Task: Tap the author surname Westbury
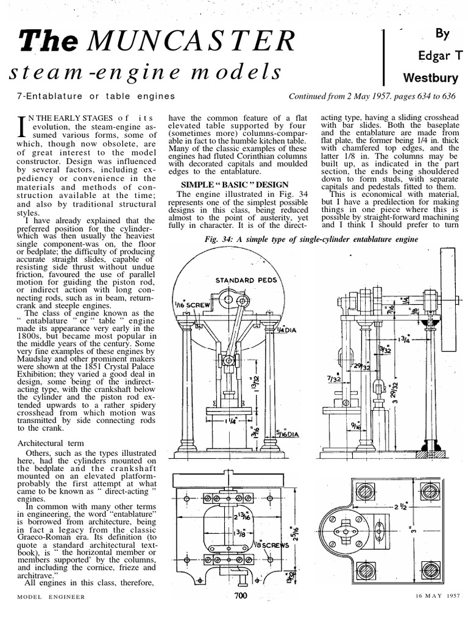pyautogui.click(x=434, y=78)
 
